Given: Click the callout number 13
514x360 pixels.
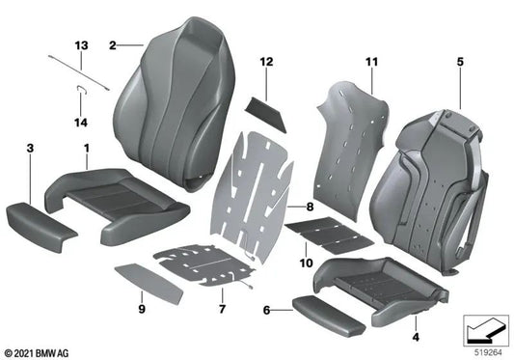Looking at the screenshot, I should click(80, 46).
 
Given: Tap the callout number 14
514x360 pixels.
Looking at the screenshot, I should click(81, 123).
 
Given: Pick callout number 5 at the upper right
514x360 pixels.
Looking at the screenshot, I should click(461, 62).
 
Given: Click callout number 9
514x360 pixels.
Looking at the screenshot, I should click(141, 310).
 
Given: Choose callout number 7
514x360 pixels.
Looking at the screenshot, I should click(222, 310).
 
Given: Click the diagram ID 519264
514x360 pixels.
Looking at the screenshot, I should click(490, 350).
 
